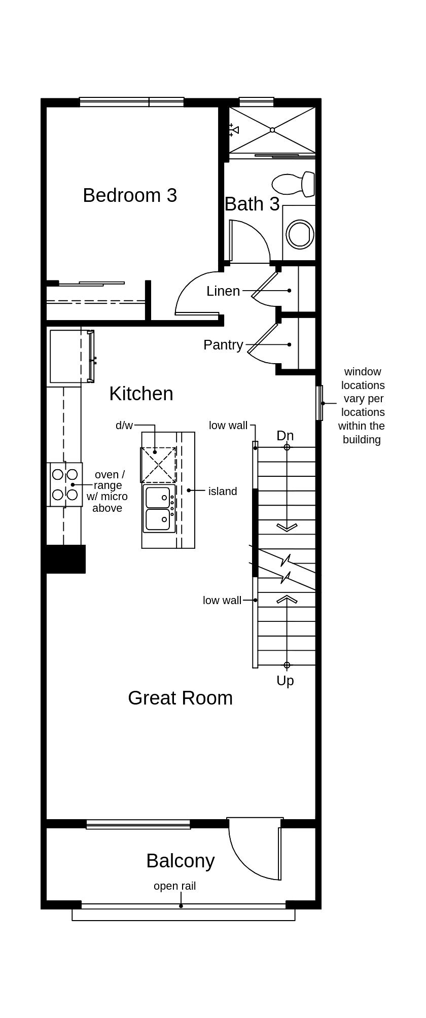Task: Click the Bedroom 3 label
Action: point(130,195)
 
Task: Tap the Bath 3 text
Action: point(252,204)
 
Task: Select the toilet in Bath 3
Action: point(294,184)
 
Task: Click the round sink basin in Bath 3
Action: point(300,234)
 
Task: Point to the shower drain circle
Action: point(272,130)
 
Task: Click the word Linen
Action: point(223,291)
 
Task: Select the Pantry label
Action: point(223,345)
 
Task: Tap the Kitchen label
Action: point(141,394)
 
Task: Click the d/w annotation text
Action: point(124,426)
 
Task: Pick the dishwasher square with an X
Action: point(158,465)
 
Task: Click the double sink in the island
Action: point(158,508)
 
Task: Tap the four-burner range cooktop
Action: point(65,484)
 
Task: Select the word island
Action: point(222,491)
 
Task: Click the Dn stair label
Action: point(285,436)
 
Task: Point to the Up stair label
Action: point(285,681)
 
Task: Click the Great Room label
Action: point(180,698)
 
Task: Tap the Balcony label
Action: point(180,861)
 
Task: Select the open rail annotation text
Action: point(174,886)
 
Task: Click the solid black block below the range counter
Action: point(66,559)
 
